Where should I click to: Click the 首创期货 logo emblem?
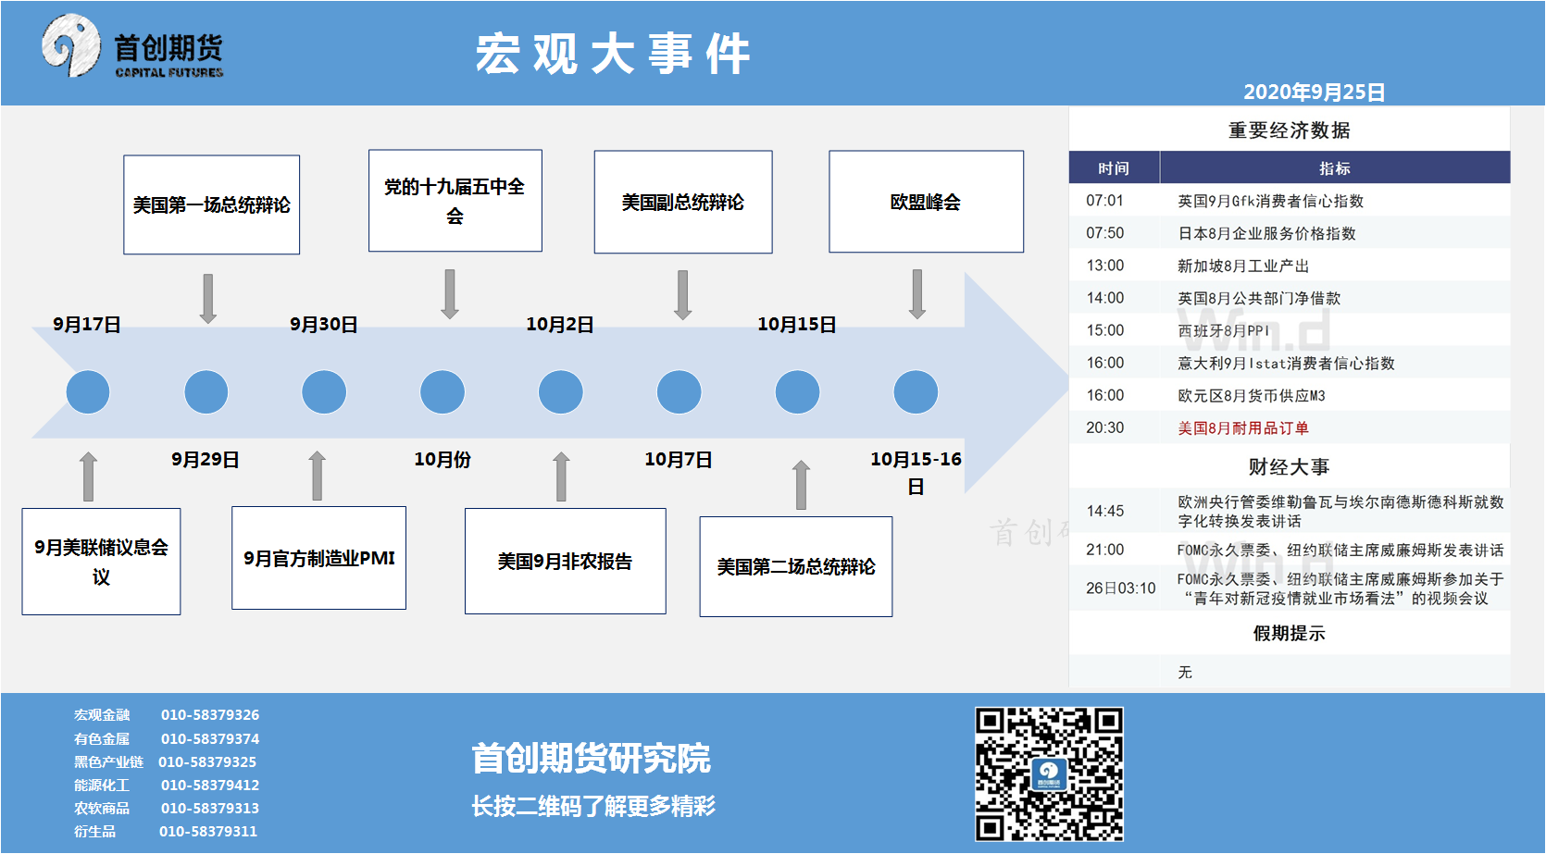(70, 45)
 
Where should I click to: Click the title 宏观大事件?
(613, 53)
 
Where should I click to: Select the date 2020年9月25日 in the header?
(1315, 92)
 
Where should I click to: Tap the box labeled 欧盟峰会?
(927, 202)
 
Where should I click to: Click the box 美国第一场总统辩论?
(211, 204)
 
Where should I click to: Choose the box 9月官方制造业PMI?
(318, 558)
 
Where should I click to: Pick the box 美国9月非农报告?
(566, 562)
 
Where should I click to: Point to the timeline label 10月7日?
(679, 460)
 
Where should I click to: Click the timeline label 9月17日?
(87, 324)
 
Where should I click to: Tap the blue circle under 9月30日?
(324, 391)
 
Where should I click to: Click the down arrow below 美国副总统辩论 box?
(682, 295)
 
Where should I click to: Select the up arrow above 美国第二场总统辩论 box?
(801, 484)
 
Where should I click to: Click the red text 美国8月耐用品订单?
(1243, 427)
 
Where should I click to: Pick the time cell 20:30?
(1105, 427)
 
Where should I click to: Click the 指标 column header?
(1335, 167)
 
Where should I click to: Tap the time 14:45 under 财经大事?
(1105, 511)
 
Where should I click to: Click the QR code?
(1049, 774)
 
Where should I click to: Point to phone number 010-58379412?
(210, 785)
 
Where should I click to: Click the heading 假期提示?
(1290, 633)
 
